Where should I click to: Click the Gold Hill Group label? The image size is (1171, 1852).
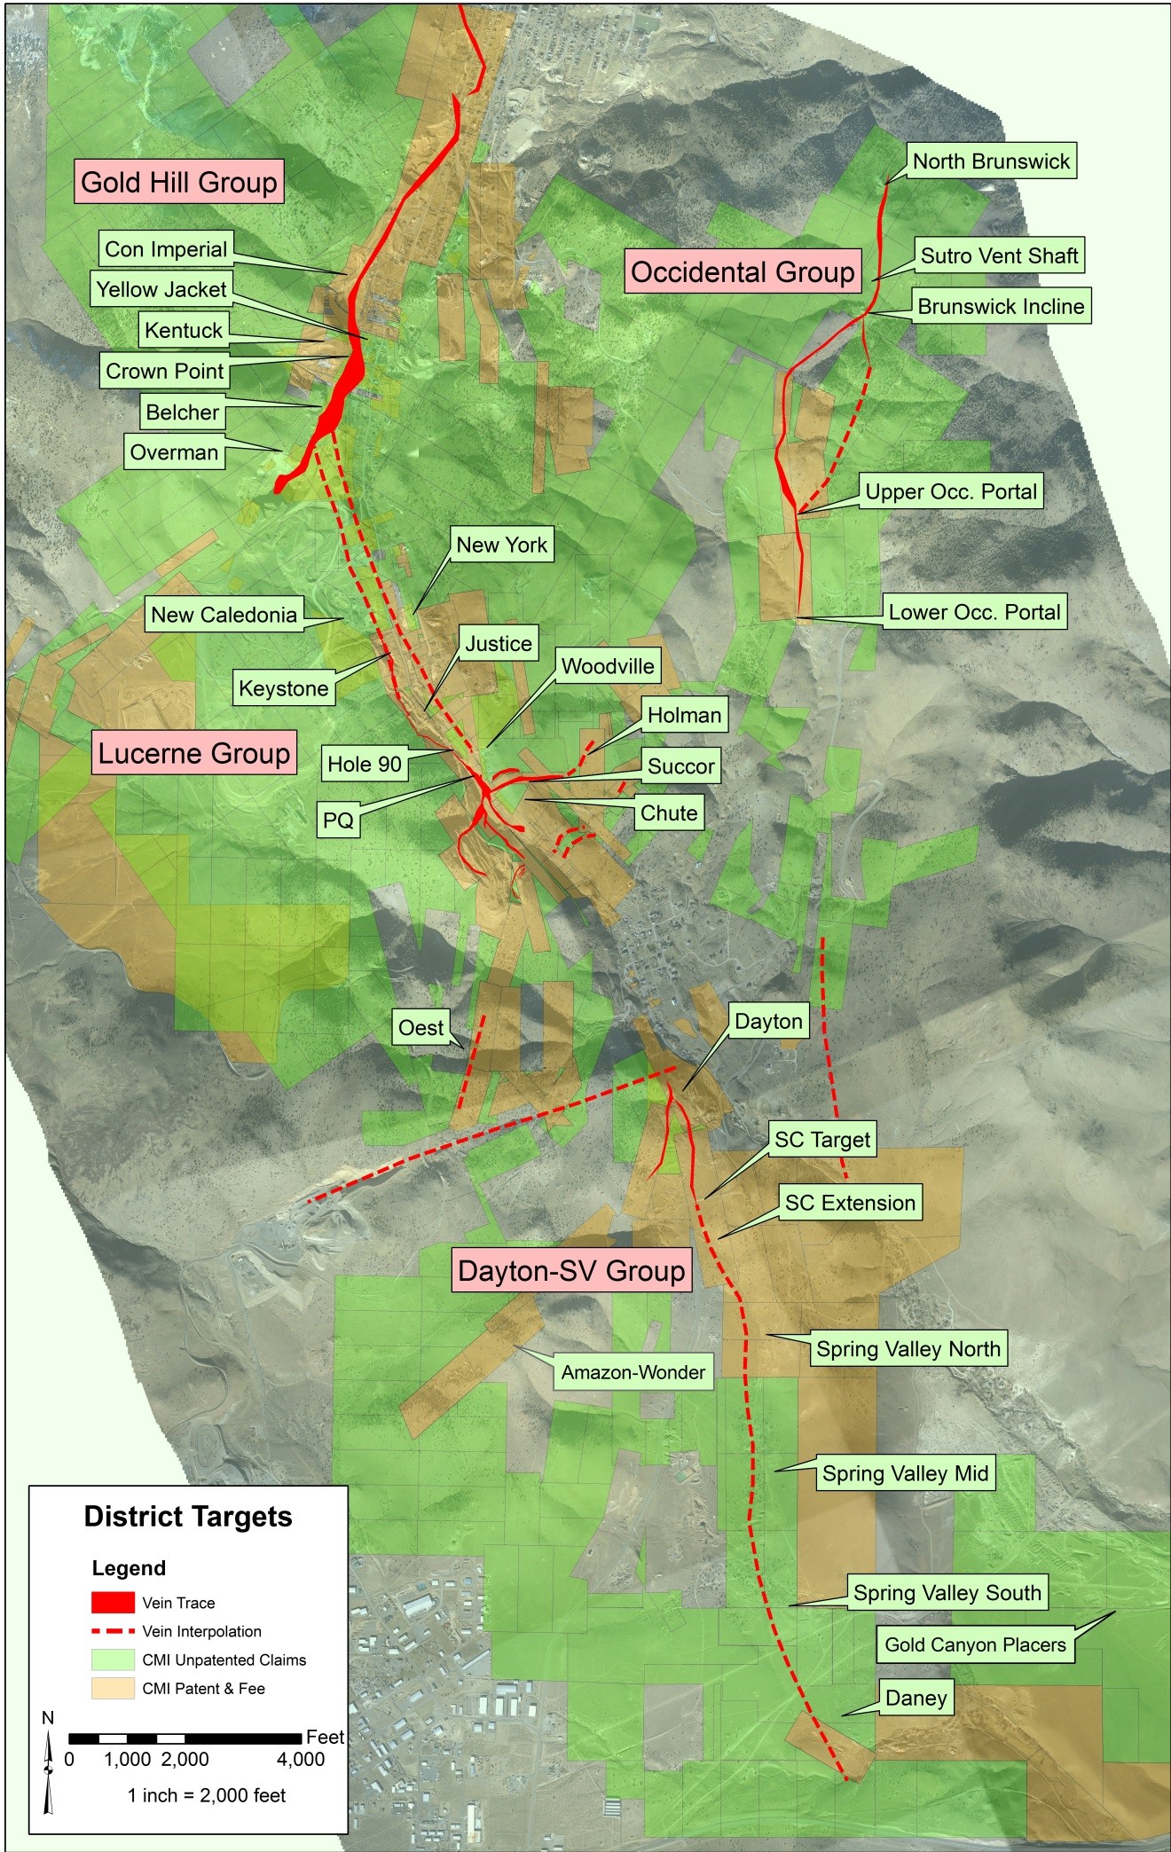point(179,182)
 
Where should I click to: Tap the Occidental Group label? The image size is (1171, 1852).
point(743,271)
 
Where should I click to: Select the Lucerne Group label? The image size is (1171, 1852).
point(193,753)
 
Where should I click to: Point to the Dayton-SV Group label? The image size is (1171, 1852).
point(571,1270)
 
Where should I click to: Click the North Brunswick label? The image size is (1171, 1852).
point(991,161)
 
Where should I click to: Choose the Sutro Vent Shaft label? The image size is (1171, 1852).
point(999,255)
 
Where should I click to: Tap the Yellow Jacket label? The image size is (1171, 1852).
point(161,289)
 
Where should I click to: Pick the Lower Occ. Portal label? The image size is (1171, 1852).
point(974,612)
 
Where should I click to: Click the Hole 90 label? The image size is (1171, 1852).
point(365,765)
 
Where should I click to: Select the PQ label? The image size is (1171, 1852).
point(338,820)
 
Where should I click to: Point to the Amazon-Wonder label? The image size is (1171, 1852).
point(633,1372)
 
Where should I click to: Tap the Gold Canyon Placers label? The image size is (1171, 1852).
point(975,1644)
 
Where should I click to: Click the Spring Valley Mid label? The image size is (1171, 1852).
point(905,1473)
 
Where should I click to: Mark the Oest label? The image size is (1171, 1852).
point(420,1028)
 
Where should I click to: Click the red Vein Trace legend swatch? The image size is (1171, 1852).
point(113,1603)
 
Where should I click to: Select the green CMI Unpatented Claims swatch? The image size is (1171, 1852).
point(113,1660)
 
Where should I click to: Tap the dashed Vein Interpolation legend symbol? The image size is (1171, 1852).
point(113,1631)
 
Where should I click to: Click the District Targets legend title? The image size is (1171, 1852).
point(188,1517)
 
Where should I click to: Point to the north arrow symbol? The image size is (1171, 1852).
point(49,1769)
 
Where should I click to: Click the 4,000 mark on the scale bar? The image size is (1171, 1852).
point(301,1759)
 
